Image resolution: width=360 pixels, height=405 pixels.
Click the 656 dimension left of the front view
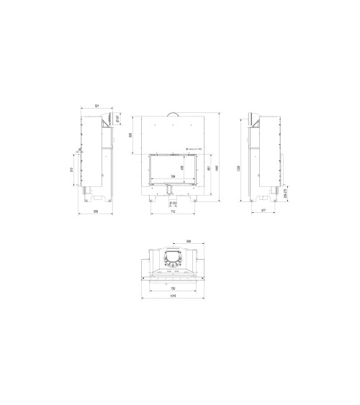(130, 135)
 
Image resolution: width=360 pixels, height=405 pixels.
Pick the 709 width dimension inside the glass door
(173, 176)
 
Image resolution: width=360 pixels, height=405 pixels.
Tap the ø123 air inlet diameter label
(174, 204)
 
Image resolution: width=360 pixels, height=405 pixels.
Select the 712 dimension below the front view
(173, 211)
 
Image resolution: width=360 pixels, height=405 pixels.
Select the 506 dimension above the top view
(188, 240)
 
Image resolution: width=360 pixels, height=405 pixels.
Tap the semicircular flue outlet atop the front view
(173, 113)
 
